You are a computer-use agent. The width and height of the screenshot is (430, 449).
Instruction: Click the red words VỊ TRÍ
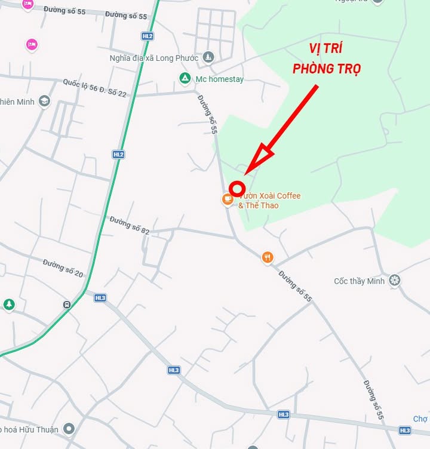coord(325,49)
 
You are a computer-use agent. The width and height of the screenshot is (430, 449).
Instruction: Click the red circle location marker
coord(237,188)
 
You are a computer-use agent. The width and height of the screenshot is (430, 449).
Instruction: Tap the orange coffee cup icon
coord(227,199)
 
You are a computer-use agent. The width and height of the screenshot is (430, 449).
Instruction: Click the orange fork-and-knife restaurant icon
coord(268,257)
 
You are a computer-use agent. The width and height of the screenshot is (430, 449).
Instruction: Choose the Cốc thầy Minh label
coord(360,281)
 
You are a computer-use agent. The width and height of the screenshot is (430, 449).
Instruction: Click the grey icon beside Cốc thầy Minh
coord(394,280)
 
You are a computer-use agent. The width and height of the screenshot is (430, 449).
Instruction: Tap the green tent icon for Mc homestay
coord(185,78)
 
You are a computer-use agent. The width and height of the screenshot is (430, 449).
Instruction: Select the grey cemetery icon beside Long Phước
coord(208,57)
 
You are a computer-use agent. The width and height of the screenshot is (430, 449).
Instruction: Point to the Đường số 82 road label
coord(130,225)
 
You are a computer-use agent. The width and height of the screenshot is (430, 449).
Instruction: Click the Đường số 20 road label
coord(63,267)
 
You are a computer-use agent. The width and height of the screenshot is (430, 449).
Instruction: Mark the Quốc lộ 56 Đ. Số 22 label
coord(95,88)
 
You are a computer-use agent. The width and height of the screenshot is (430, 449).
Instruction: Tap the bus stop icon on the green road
coord(67,305)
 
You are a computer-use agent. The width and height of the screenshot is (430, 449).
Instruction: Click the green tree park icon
coord(8,305)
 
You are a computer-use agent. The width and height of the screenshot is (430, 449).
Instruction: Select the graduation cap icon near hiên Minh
coord(44,101)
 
